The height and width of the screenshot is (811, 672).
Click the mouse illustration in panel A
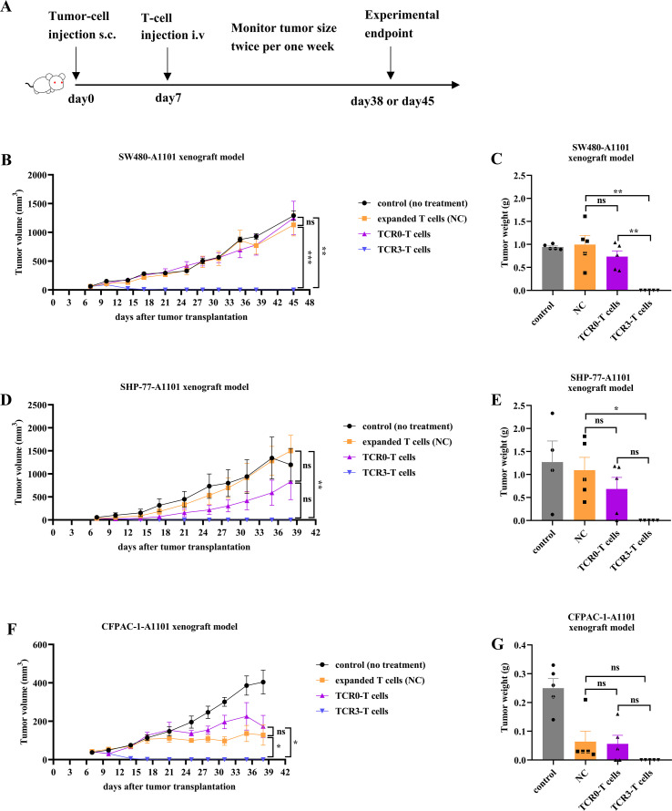point(46,84)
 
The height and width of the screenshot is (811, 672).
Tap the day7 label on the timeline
point(168,98)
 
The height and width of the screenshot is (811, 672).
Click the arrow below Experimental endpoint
point(391,63)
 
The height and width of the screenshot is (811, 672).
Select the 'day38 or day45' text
point(392,101)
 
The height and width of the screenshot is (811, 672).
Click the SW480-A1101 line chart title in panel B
point(181,157)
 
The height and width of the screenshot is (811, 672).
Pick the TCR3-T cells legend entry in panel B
point(394,250)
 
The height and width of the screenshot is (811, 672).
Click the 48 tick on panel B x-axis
point(310,303)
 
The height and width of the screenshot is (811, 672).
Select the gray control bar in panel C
point(553,269)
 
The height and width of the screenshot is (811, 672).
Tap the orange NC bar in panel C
point(585,267)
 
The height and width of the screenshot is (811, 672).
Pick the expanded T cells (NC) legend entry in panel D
point(398,442)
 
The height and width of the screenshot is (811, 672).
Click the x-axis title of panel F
point(169,786)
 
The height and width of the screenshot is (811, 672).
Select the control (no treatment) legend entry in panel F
point(371,664)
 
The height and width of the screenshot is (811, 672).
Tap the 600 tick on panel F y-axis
point(40,644)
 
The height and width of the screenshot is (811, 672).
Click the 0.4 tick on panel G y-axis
point(520,645)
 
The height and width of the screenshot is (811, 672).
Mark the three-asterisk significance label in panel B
point(311,257)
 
